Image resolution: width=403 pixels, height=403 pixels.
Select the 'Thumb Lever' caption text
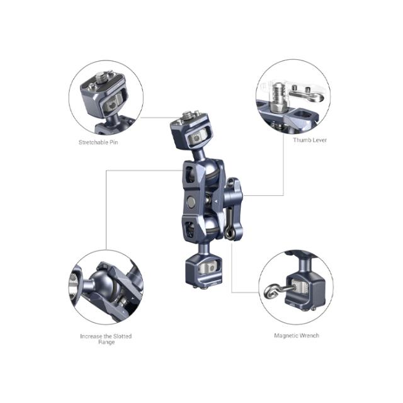pos(310,139)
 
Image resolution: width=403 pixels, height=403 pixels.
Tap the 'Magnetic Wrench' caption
pos(296,336)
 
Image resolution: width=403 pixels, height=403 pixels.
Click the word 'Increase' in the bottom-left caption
pos(91,336)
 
